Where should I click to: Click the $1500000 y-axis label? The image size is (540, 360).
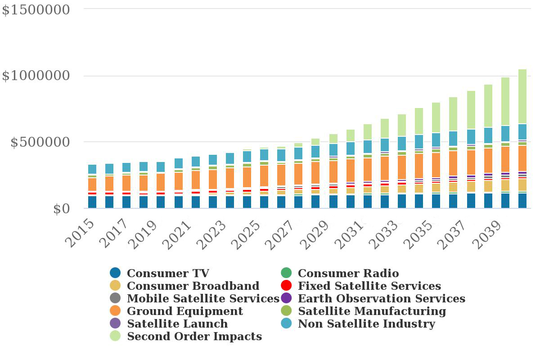click(x=36, y=9)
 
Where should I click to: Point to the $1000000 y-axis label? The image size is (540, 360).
click(x=36, y=76)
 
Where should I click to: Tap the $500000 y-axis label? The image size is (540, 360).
click(x=40, y=142)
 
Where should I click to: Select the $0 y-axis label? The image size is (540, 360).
click(x=62, y=209)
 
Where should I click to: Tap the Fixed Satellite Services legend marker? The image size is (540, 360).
click(x=286, y=286)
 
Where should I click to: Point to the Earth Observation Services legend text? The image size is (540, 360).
click(x=381, y=298)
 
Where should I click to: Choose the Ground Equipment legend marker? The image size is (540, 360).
click(x=115, y=311)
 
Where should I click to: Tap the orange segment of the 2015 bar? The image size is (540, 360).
click(x=92, y=184)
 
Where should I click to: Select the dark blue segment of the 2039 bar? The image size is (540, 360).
click(x=505, y=201)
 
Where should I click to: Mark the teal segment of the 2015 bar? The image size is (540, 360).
click(x=92, y=169)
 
